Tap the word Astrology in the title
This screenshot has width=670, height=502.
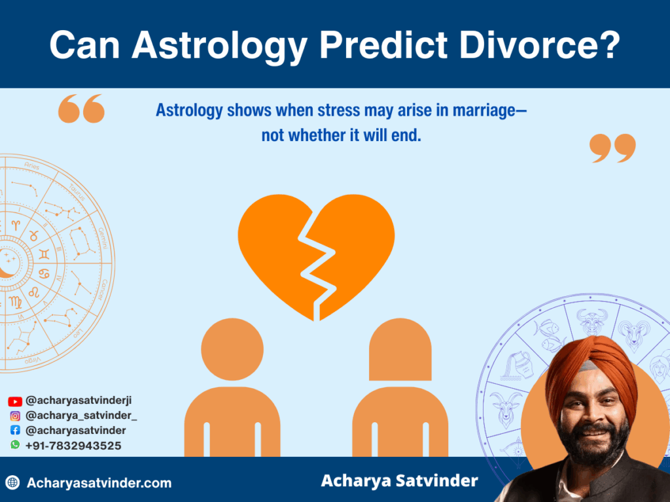point(217,45)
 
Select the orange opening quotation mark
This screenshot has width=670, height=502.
point(81,109)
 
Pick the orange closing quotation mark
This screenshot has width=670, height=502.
point(612,148)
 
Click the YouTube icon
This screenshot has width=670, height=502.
point(15,401)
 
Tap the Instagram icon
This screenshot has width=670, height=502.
point(15,416)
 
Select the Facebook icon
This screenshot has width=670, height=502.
point(15,430)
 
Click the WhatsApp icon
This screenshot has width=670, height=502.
point(15,444)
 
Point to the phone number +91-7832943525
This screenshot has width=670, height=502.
point(73,445)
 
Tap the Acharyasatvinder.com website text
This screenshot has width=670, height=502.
point(99,483)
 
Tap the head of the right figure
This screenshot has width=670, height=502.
point(400,350)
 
